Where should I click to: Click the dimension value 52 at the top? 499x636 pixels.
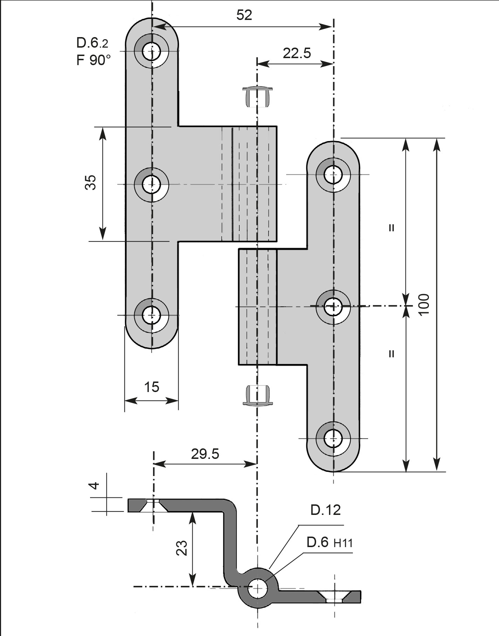tap(244, 15)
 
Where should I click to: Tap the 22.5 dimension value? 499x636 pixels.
tap(297, 53)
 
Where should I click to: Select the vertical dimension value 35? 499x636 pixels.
tap(90, 182)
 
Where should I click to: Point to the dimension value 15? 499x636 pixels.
tap(151, 387)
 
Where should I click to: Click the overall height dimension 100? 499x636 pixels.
tap(424, 305)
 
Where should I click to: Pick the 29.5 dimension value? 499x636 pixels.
tap(205, 454)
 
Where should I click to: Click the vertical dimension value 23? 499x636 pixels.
tap(182, 548)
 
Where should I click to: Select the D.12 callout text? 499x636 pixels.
tap(326, 510)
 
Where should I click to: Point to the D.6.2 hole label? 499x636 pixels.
tap(92, 43)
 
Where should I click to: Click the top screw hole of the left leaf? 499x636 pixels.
tap(151, 51)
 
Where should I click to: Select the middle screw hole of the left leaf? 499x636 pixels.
tap(151, 184)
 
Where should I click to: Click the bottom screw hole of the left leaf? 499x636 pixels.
tap(151, 315)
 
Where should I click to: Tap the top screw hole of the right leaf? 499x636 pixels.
tap(333, 174)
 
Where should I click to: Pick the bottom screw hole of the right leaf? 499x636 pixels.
tap(333, 438)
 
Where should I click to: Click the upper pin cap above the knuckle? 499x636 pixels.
tap(258, 96)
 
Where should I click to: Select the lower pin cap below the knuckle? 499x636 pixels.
tap(258, 396)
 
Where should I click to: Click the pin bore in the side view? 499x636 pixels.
tap(258, 589)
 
